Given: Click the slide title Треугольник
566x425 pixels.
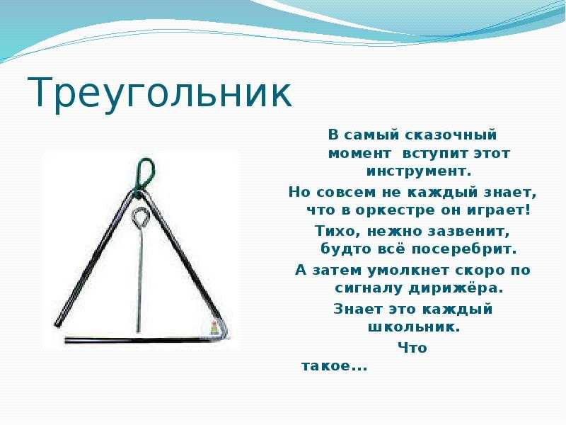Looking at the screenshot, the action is tap(159, 93).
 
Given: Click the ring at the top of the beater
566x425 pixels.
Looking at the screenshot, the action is tap(140, 217).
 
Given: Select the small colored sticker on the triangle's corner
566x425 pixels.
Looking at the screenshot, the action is tap(214, 327).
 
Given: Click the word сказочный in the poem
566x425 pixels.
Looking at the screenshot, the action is tap(451, 135).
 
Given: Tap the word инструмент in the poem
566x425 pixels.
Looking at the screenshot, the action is tap(419, 171).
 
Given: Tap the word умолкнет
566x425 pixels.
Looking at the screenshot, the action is tap(408, 270).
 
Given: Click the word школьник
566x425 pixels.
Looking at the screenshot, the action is tap(414, 327).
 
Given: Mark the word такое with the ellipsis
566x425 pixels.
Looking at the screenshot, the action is tap(334, 366).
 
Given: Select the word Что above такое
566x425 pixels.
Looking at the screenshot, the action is tap(412, 348).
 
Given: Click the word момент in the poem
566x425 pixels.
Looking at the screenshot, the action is tap(359, 154).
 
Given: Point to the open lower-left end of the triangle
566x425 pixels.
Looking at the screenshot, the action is tap(58, 324).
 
